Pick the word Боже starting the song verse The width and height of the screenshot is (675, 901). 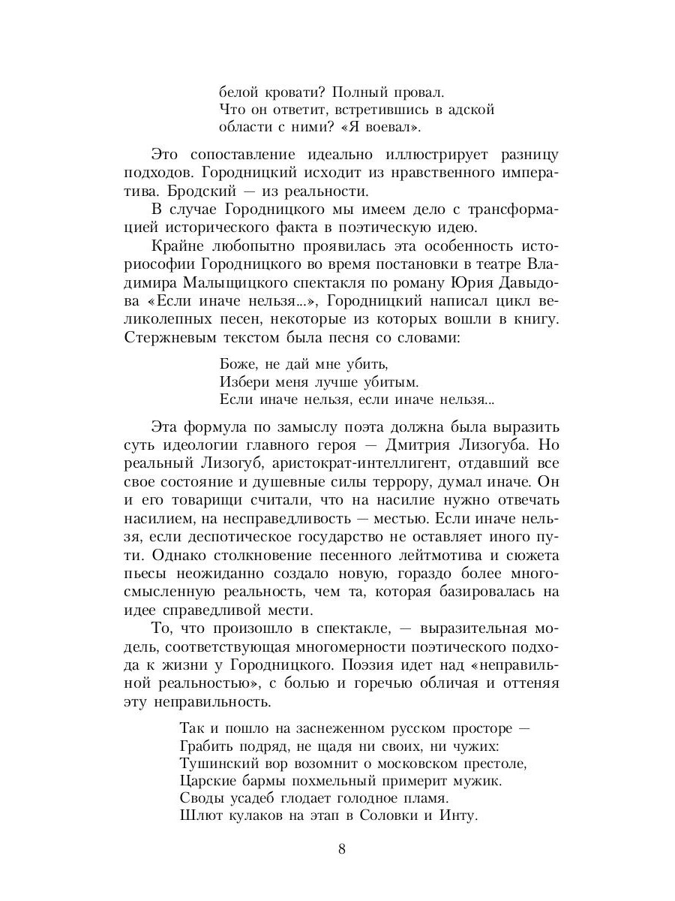(238, 366)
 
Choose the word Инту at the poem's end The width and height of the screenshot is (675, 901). (460, 816)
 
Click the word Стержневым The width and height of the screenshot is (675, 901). (164, 337)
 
